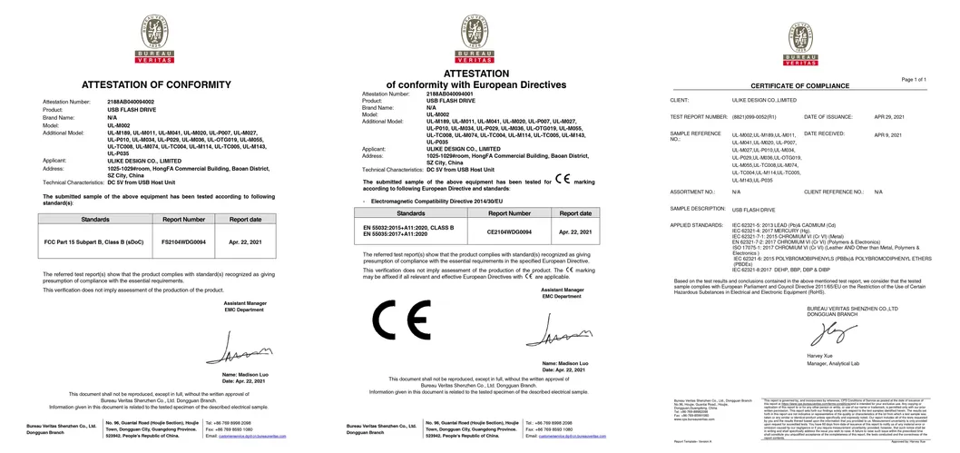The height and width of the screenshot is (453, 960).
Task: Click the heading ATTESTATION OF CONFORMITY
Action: [x=159, y=84]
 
